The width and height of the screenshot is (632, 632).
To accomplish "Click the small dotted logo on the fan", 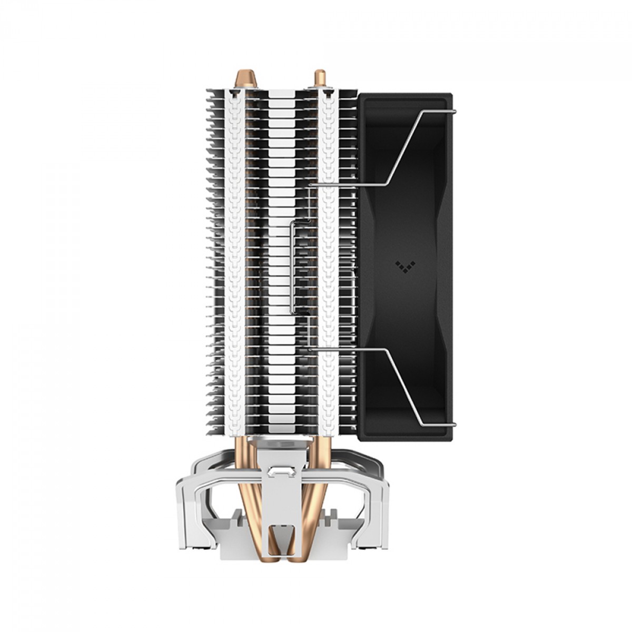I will (402, 265).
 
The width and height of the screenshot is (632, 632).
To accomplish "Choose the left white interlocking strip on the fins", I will (235, 263).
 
